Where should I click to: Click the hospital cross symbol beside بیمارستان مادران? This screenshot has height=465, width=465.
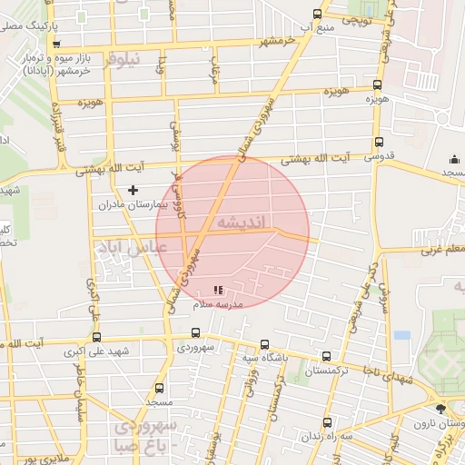coord(134,190)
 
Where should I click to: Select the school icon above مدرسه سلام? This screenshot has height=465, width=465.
coord(217,291)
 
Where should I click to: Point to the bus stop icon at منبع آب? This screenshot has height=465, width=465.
coord(316,14)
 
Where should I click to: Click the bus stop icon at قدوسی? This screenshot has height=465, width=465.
coord(379,142)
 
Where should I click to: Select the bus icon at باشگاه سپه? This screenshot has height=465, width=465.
coord(264,344)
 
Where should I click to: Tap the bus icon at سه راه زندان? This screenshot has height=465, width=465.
coord(328,422)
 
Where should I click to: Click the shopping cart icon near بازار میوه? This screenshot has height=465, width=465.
coord(57,43)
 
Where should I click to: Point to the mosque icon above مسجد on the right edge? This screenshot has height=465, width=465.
coord(454,158)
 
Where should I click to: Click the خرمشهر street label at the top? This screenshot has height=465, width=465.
coord(277,43)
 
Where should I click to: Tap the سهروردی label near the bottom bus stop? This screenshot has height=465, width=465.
coord(196,348)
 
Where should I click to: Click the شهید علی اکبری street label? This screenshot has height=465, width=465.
coord(100,351)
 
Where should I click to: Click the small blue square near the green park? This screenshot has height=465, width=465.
coord(401,335)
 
